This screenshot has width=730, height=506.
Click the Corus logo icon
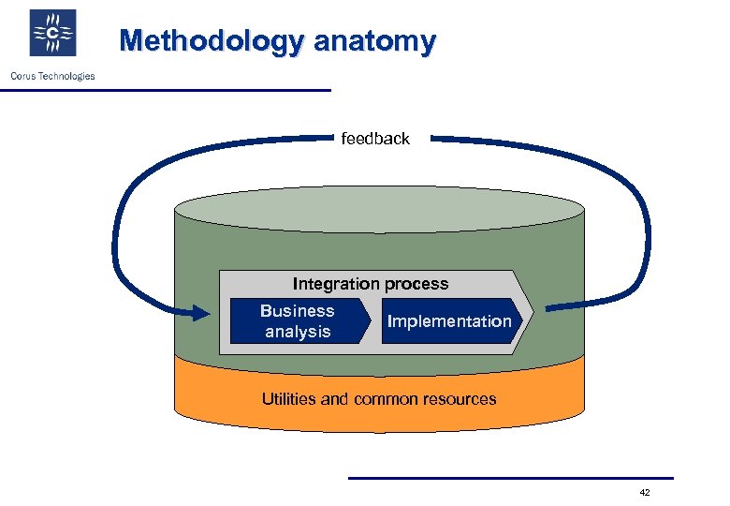52,35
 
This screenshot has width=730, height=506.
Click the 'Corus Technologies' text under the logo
52,76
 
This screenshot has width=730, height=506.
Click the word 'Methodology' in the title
212,41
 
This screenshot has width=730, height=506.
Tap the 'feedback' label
375,139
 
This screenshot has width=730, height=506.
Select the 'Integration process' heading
371,283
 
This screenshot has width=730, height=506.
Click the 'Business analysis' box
298,321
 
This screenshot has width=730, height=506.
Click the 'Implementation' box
450,321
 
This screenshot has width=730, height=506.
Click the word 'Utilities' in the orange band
289,399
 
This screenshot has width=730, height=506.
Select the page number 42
644,493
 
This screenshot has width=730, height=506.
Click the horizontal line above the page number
510,478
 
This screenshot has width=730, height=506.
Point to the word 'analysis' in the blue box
298,332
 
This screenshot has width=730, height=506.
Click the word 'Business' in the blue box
297,311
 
